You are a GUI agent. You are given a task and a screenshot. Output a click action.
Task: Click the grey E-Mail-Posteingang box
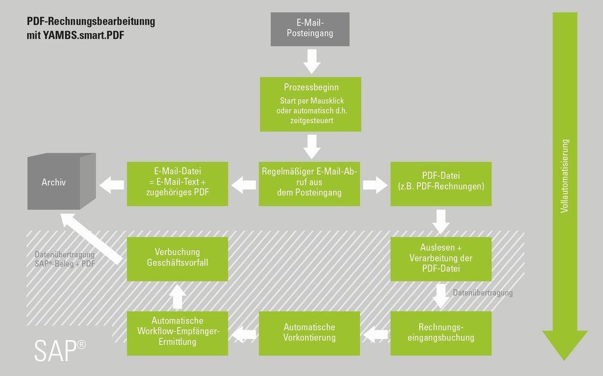pos(310,29)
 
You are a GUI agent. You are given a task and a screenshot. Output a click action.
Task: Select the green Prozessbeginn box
pos(310,103)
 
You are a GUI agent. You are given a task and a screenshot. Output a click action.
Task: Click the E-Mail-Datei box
pos(177,184)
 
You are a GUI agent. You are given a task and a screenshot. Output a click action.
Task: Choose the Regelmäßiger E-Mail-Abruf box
pos(309,184)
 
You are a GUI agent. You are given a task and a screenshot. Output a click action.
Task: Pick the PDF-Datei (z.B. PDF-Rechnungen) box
pos(441,184)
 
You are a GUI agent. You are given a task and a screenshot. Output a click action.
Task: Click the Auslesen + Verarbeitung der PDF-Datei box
pos(441,258)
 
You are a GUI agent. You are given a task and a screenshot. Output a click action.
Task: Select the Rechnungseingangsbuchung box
pos(441,333)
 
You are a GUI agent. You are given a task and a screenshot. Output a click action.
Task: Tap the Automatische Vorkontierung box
pos(309,333)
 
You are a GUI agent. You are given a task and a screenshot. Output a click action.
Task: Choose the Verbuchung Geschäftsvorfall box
pos(177,258)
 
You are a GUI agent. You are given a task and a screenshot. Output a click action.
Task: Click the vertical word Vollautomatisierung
pos(565,176)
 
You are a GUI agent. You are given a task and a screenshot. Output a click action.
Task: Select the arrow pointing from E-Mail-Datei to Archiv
pos(112,185)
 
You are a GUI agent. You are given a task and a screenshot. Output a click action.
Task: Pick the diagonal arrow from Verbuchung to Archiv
pos(93,237)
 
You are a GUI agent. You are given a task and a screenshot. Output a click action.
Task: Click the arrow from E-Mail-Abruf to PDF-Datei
pos(375,185)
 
